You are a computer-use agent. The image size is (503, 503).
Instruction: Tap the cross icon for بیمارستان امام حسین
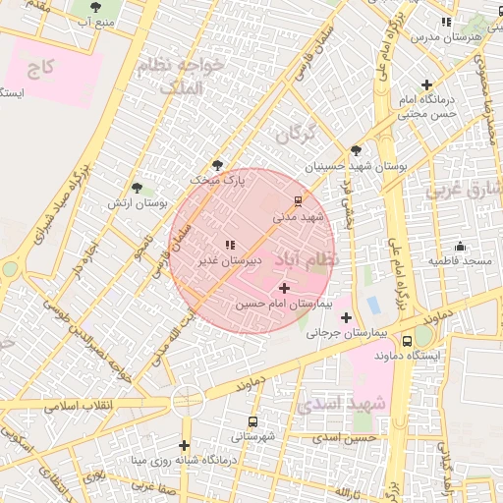(285, 288)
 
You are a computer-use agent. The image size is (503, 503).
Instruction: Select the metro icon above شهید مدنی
(299, 200)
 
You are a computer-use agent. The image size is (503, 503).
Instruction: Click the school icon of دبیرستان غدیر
(230, 245)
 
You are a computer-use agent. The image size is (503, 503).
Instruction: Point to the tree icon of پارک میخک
(217, 165)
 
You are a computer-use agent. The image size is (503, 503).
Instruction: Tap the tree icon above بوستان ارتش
(137, 188)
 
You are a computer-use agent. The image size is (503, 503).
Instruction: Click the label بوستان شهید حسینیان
(355, 167)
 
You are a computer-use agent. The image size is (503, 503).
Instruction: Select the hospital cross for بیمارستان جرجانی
(346, 316)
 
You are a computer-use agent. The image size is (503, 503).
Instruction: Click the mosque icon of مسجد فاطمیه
(460, 246)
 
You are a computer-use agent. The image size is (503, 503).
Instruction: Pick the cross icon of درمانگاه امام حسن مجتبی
(425, 85)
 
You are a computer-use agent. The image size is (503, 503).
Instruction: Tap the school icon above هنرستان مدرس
(447, 22)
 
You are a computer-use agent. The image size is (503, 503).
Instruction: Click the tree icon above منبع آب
(95, 6)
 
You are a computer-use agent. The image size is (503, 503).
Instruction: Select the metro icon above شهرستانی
(253, 421)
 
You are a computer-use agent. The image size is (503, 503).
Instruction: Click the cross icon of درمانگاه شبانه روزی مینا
(184, 445)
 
